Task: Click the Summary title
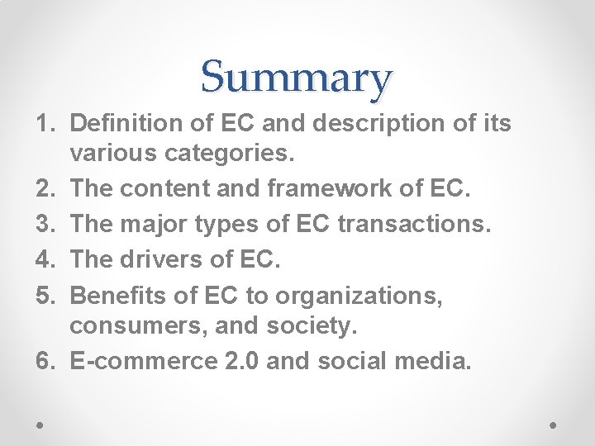coord(296,78)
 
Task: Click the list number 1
coord(44,124)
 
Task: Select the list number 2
coord(44,188)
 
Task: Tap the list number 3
coord(44,225)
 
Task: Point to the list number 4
coord(44,260)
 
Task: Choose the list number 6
coord(44,360)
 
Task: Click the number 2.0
coord(240,360)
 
